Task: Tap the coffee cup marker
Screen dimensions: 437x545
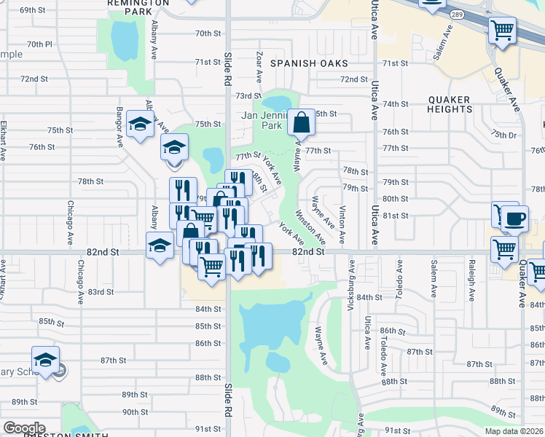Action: (515, 218)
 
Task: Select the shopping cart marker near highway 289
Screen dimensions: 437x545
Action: (502, 31)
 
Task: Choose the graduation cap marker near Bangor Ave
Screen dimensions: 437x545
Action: (140, 124)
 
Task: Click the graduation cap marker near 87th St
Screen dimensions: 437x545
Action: (45, 361)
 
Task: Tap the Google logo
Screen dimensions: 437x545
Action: (24, 428)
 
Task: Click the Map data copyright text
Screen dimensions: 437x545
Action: (513, 431)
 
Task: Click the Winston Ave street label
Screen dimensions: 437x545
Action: (310, 227)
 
